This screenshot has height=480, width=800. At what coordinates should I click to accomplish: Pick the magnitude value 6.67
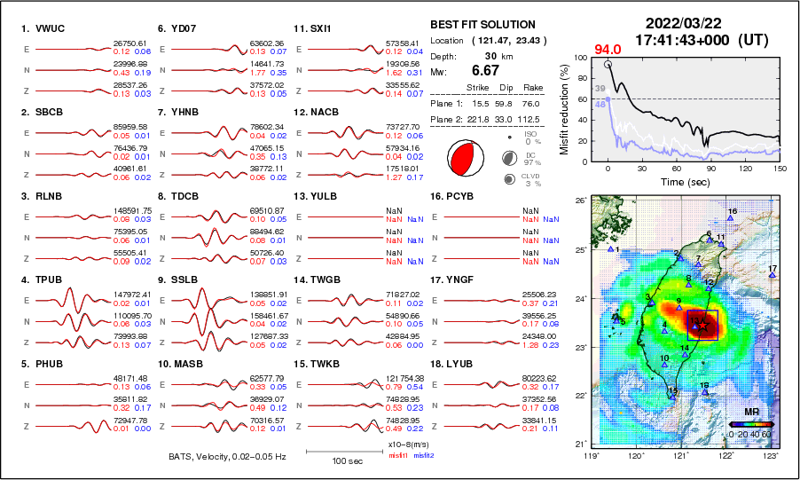point(485,70)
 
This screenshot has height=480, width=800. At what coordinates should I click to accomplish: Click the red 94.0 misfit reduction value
point(607,49)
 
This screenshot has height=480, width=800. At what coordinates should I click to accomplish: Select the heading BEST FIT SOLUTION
point(482,25)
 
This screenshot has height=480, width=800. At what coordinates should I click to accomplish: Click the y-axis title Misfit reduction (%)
point(565,107)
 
